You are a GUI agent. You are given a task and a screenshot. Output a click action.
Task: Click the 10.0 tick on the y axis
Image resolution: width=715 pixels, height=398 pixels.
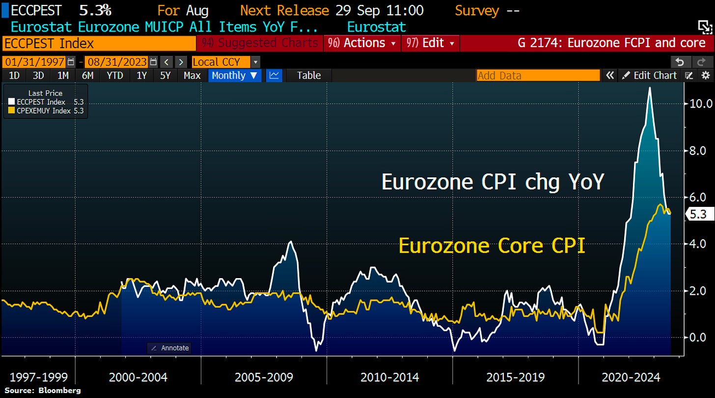[x=698, y=104]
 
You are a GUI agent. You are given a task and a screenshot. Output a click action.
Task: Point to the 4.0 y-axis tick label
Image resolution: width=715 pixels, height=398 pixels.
[x=698, y=244]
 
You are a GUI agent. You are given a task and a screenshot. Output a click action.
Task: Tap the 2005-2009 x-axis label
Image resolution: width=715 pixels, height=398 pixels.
[x=264, y=377]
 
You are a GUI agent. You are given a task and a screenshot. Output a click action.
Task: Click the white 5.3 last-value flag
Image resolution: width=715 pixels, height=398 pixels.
[x=698, y=214]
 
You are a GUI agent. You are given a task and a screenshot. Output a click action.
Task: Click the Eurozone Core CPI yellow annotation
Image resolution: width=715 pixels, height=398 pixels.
[x=492, y=246]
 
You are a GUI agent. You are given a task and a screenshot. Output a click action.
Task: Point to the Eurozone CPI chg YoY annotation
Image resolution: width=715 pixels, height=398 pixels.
[x=493, y=182]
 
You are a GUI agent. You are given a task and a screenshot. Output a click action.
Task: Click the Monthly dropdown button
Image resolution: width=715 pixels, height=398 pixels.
[x=234, y=75]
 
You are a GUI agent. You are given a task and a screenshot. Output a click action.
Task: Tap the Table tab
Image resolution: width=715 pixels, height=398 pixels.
[x=309, y=75]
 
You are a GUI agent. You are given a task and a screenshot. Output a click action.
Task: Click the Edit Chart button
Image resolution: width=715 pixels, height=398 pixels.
[x=650, y=75]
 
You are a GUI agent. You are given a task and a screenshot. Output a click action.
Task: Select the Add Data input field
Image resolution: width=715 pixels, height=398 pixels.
[x=538, y=75]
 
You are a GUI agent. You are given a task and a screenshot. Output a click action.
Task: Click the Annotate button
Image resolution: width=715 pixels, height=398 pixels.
[x=169, y=348]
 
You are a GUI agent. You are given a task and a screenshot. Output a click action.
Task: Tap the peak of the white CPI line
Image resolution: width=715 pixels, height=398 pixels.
[x=650, y=88]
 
